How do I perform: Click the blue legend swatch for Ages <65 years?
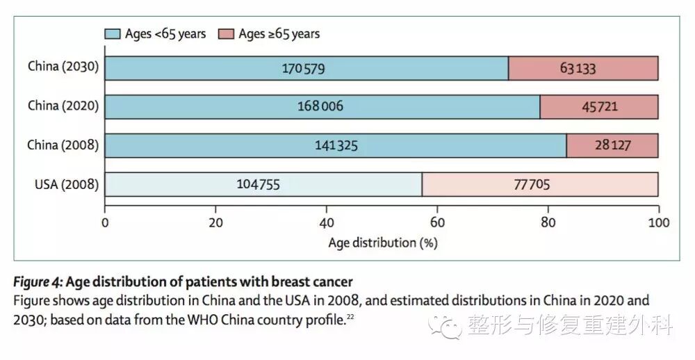click(x=112, y=33)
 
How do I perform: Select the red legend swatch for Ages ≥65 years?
click(x=226, y=33)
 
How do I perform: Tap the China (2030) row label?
click(x=63, y=67)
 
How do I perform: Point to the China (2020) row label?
click(x=63, y=106)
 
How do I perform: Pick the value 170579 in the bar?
click(x=303, y=68)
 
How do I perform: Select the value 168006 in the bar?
click(x=321, y=106)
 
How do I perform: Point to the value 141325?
click(x=336, y=145)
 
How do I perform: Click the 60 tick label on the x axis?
click(x=436, y=222)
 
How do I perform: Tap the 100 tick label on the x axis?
click(x=657, y=222)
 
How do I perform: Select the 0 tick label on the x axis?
click(x=105, y=222)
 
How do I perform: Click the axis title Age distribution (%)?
click(x=382, y=243)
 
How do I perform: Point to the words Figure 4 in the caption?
click(x=38, y=281)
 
